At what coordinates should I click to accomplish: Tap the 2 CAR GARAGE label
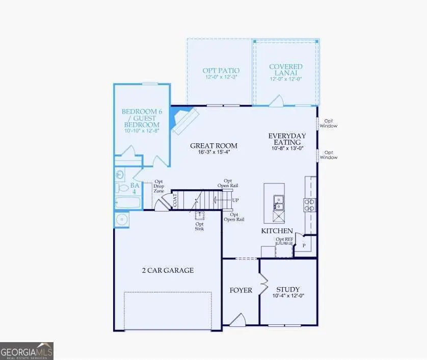pyautogui.click(x=168, y=270)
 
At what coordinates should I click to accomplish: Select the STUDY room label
pyautogui.click(x=288, y=289)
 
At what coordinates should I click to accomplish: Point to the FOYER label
pyautogui.click(x=241, y=290)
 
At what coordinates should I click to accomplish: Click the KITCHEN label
pyautogui.click(x=277, y=231)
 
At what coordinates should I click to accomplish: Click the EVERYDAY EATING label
pyautogui.click(x=287, y=140)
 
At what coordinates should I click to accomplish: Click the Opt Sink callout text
pyautogui.click(x=199, y=226)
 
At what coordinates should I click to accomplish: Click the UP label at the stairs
pyautogui.click(x=235, y=200)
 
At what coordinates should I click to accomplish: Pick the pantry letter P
pyautogui.click(x=304, y=245)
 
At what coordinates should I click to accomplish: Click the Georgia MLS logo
pyautogui.click(x=26, y=351)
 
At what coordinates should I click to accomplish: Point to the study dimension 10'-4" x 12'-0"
pyautogui.click(x=288, y=296)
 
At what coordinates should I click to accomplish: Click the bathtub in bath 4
pyautogui.click(x=127, y=202)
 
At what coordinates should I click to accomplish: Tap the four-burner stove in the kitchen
pyautogui.click(x=309, y=204)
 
